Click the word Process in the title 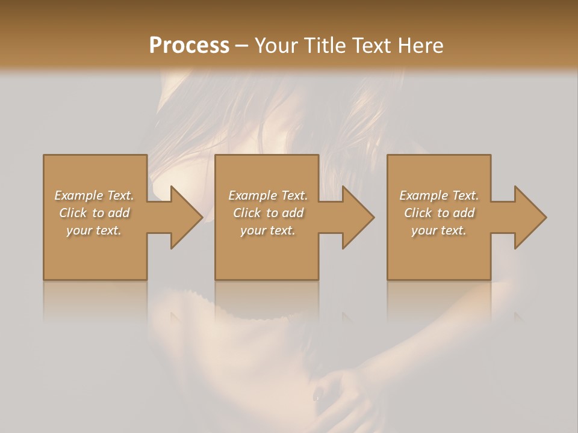click(x=189, y=46)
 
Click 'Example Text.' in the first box click(x=94, y=195)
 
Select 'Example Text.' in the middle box click(x=268, y=195)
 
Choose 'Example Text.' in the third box click(x=439, y=195)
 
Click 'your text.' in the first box click(x=94, y=230)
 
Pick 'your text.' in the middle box click(x=268, y=230)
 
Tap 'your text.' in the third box click(x=439, y=230)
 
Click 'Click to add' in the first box click(x=94, y=213)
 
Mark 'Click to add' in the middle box click(x=268, y=213)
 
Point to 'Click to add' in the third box click(x=439, y=213)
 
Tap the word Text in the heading click(x=371, y=46)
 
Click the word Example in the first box click(x=79, y=195)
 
